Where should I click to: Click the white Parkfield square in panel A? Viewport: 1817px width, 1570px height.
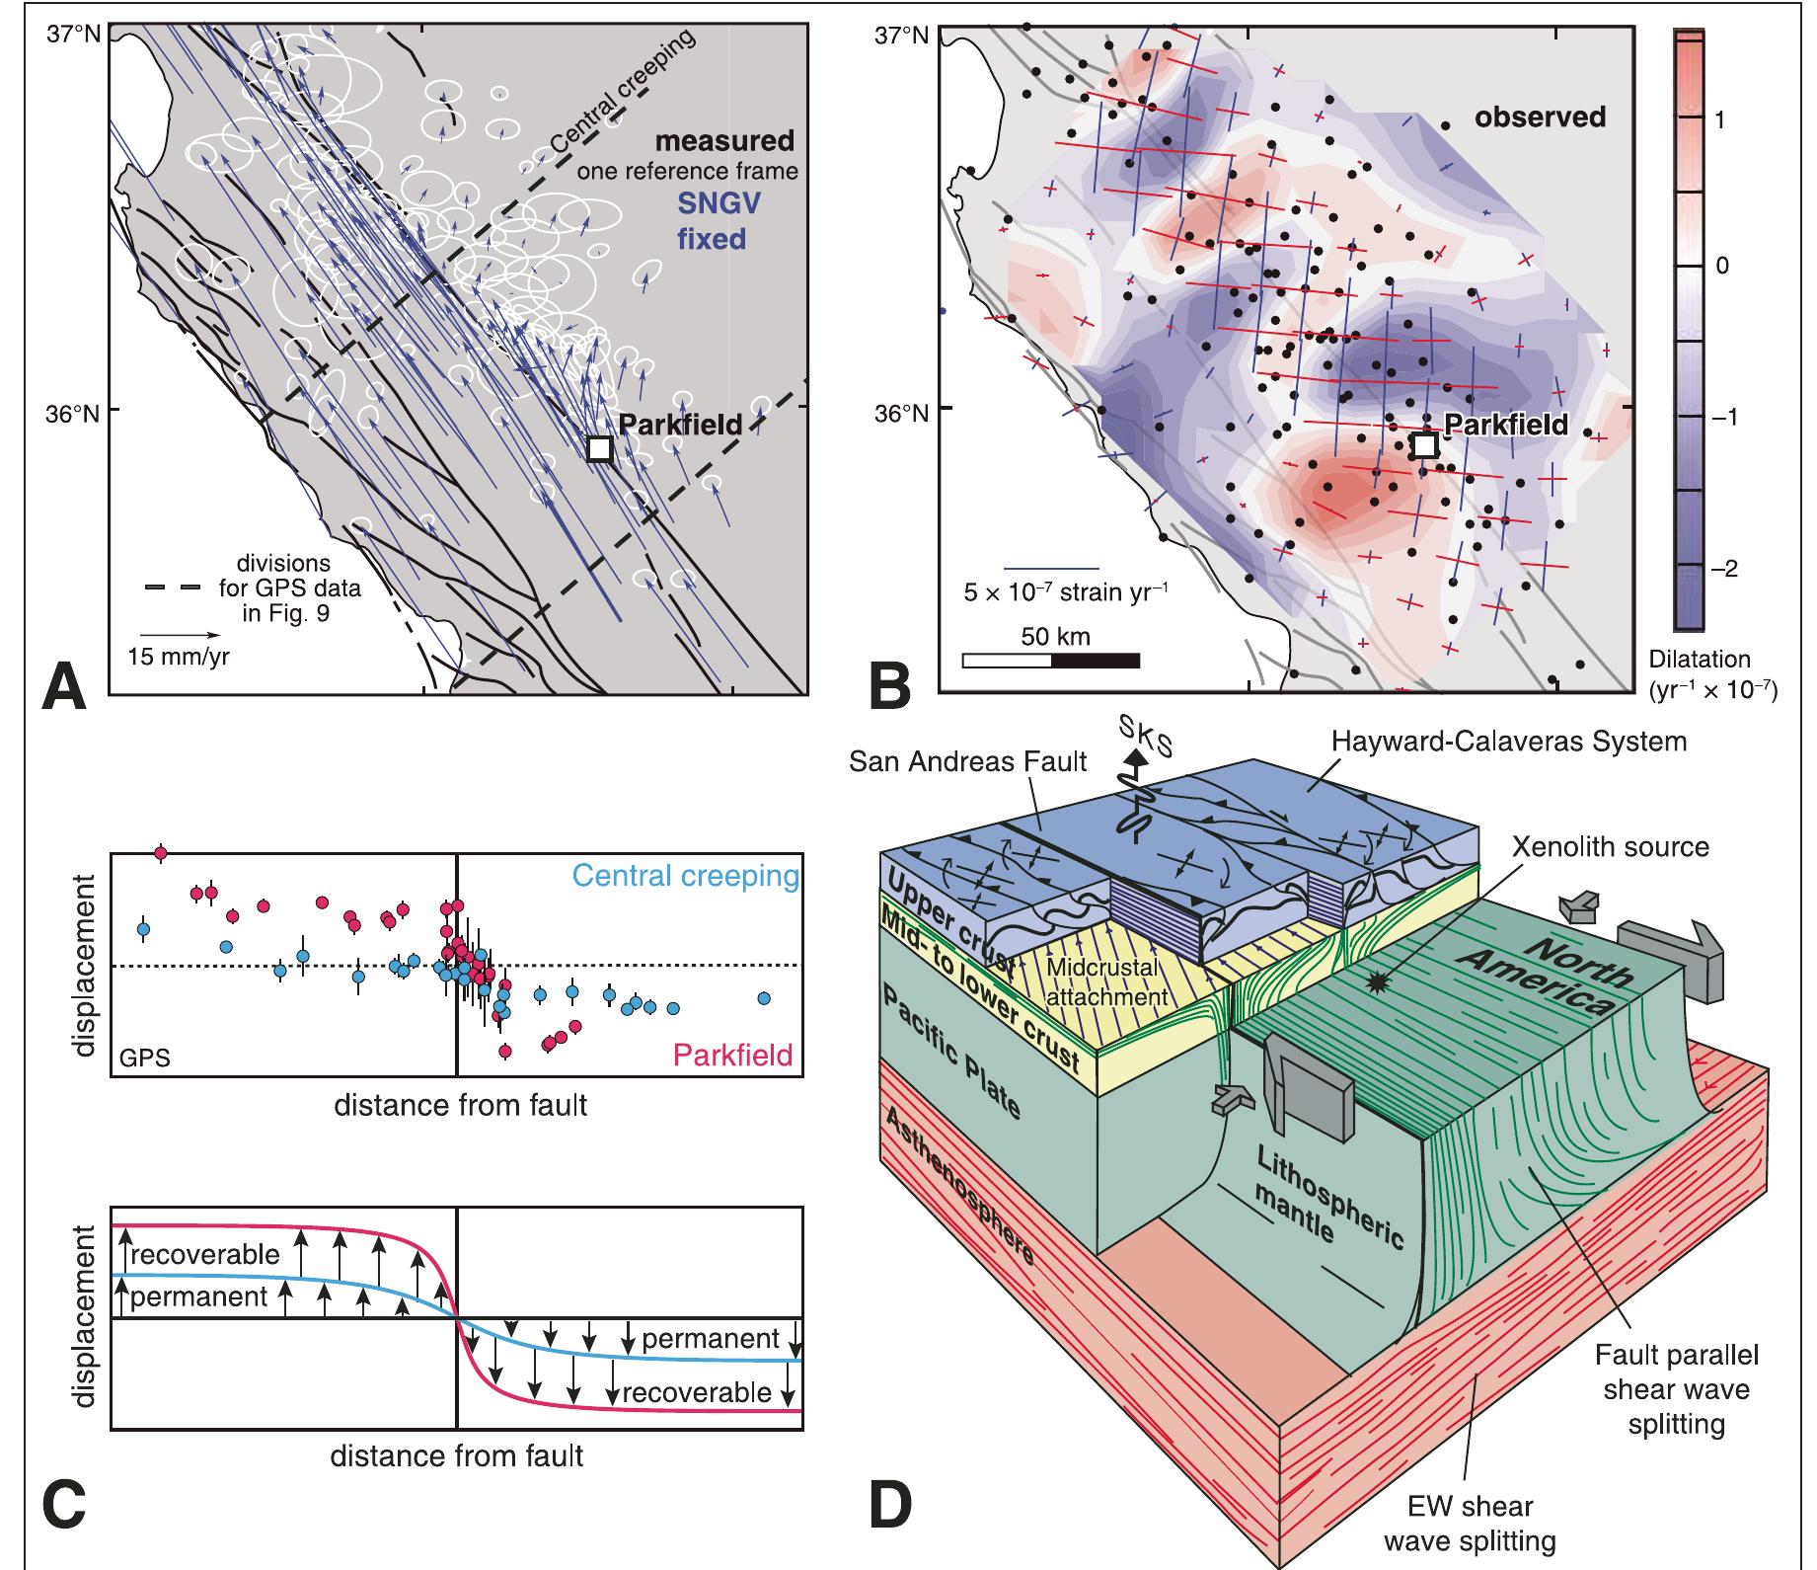[599, 448]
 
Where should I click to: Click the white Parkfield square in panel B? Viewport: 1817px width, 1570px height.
[1424, 445]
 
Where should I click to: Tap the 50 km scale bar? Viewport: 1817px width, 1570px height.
[1050, 660]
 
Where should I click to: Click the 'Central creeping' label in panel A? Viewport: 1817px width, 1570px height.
[622, 94]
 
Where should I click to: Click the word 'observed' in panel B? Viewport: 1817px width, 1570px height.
[1540, 118]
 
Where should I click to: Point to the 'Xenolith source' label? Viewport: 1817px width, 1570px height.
[1611, 846]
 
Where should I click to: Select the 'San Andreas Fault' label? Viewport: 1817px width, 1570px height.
[968, 761]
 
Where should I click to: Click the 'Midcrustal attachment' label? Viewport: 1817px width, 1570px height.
[1106, 981]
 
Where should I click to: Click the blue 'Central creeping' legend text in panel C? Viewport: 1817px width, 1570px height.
[685, 876]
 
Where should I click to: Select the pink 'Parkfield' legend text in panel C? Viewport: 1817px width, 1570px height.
[732, 1056]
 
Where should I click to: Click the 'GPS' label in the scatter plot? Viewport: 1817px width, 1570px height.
[144, 1059]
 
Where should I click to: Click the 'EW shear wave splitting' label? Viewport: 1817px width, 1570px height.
[1470, 1522]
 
